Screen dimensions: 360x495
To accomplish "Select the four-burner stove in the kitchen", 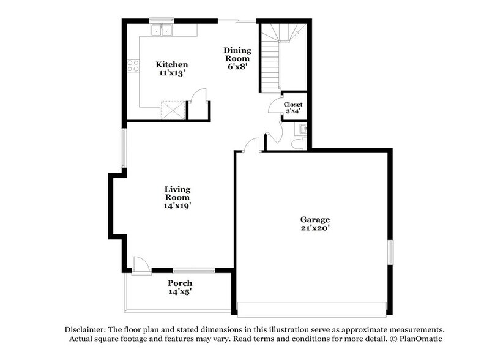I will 133,65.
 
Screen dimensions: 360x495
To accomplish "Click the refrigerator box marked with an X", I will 172,110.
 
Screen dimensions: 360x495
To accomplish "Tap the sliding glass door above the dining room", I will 237,21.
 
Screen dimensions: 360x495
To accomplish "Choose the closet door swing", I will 275,106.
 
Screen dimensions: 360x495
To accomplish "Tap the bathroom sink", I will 302,129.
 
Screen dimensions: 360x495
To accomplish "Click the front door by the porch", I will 141,265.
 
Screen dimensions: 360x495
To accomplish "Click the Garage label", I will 314,219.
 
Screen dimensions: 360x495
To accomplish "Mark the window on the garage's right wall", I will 390,252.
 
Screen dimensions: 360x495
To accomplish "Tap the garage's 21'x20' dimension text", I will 314,228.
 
